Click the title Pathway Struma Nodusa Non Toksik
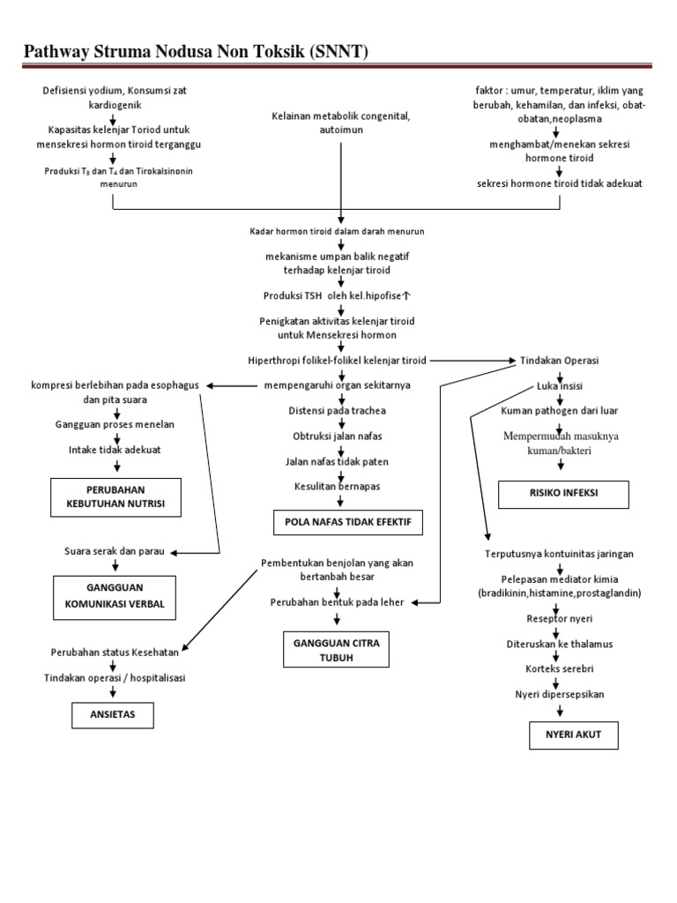pyautogui.click(x=195, y=53)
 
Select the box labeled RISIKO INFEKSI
pyautogui.click(x=563, y=494)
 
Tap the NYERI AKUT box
pyautogui.click(x=561, y=735)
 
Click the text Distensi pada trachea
pyautogui.click(x=338, y=411)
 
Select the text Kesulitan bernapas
pyautogui.click(x=338, y=486)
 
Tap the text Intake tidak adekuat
pyautogui.click(x=115, y=450)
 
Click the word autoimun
pyautogui.click(x=340, y=130)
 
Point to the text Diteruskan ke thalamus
pyautogui.click(x=559, y=644)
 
